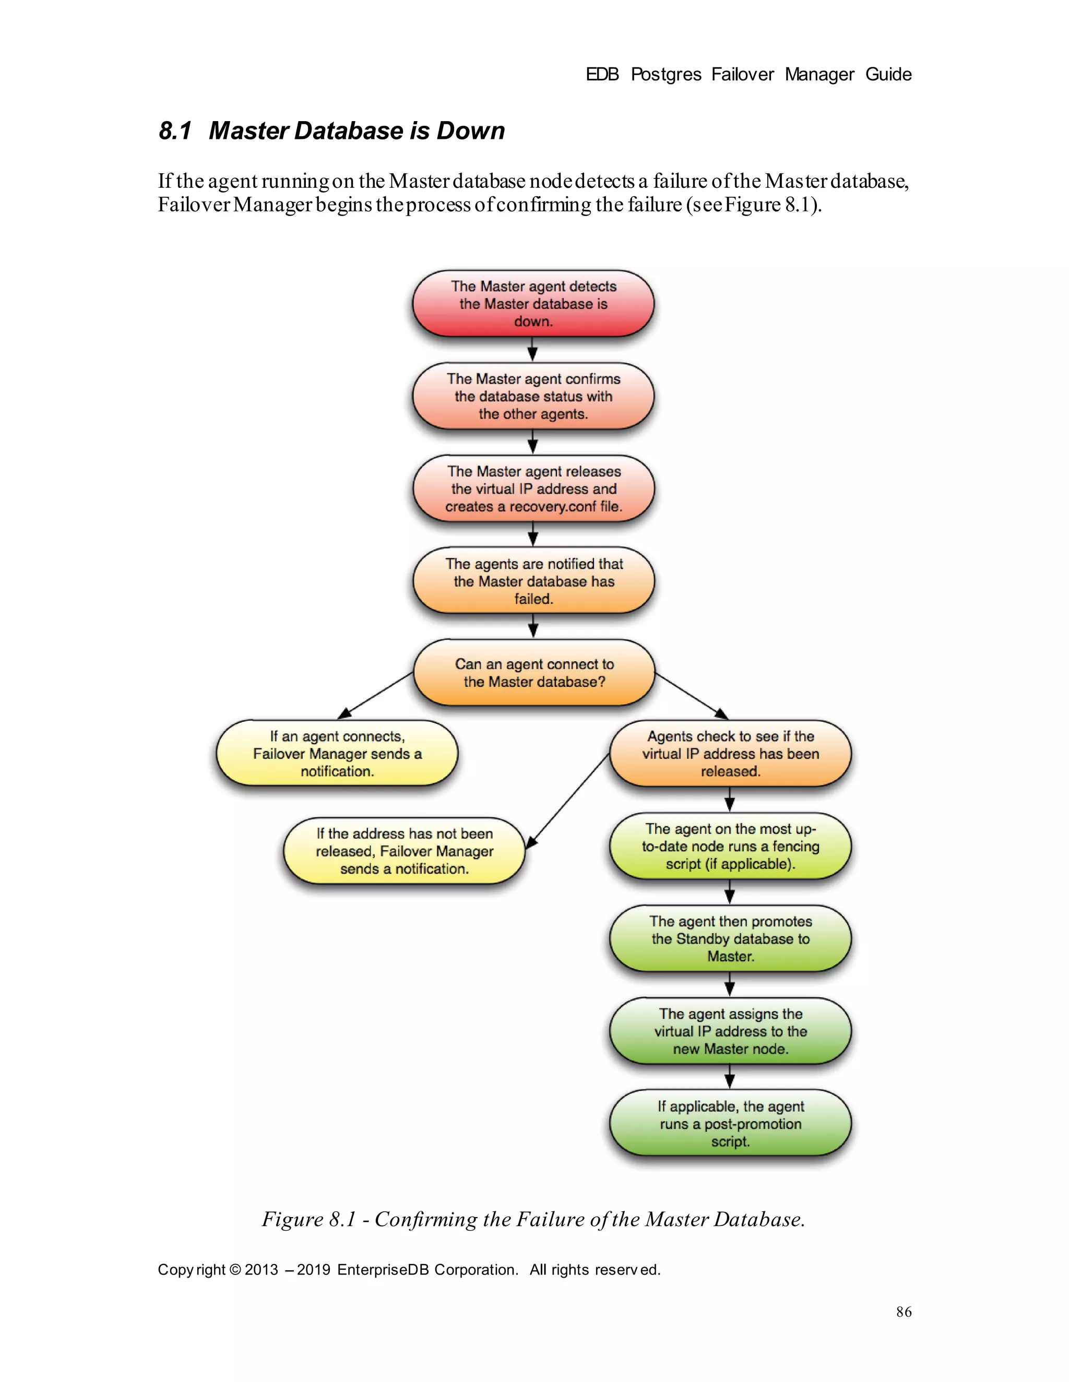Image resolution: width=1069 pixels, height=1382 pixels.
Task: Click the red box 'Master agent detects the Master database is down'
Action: pos(533,304)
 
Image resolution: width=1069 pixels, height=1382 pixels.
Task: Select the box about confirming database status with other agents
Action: pos(533,396)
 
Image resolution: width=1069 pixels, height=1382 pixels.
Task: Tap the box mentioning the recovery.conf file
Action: pos(533,489)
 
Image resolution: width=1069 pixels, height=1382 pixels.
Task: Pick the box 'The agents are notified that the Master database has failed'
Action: pos(533,581)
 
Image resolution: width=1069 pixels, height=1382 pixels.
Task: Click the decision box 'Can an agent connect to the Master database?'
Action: pos(533,673)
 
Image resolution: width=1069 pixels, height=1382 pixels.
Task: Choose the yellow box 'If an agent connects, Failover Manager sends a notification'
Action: pos(337,753)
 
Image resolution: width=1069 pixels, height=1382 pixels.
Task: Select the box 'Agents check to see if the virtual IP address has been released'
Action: pos(730,753)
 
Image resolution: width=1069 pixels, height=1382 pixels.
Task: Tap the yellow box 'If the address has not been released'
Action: pos(404,851)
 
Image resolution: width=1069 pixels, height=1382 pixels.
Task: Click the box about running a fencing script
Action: pos(730,846)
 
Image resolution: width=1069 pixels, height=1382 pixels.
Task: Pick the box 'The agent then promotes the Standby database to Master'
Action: pos(730,938)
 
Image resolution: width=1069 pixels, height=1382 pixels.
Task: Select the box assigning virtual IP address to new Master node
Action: pos(730,1031)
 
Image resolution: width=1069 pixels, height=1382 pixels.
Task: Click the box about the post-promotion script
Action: pos(730,1123)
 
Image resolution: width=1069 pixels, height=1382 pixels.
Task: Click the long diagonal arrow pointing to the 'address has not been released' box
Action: pos(568,801)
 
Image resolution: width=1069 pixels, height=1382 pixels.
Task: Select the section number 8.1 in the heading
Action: pos(175,131)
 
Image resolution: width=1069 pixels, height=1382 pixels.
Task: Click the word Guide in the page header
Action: pos(888,75)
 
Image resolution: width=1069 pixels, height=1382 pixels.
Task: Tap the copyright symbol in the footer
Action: pos(235,1269)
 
